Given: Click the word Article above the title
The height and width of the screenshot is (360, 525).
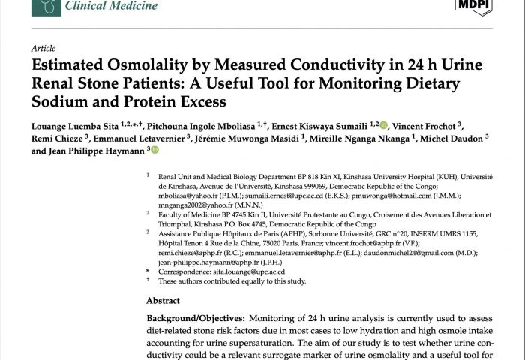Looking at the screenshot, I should (43, 48).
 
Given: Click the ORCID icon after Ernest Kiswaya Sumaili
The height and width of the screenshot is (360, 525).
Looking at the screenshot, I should (384, 125).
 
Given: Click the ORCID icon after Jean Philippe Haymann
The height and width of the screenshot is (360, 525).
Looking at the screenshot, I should (155, 151).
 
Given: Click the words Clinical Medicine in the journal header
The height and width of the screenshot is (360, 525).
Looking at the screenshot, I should (112, 7).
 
